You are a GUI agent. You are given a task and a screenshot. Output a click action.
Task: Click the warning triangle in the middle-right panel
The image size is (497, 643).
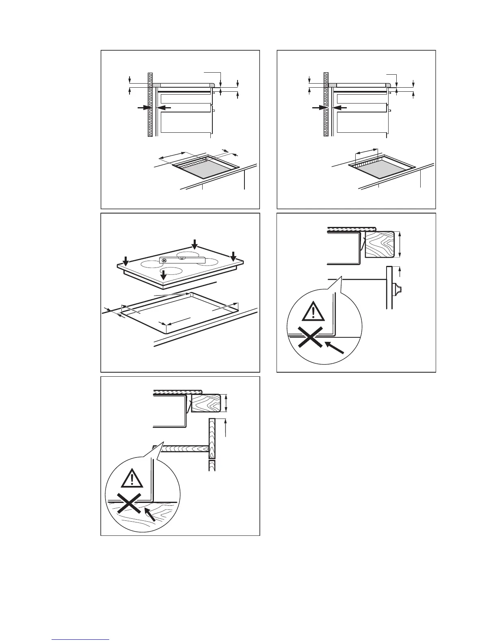click(x=313, y=312)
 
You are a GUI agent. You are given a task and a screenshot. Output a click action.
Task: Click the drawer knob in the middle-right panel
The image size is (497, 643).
click(x=397, y=289)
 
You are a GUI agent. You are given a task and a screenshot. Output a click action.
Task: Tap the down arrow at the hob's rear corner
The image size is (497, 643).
click(x=195, y=244)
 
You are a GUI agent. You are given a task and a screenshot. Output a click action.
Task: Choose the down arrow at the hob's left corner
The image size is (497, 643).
click(x=125, y=260)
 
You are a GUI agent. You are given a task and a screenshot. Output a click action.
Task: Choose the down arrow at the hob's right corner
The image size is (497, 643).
click(x=233, y=256)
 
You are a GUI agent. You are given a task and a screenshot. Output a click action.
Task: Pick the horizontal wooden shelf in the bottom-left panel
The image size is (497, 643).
click(x=183, y=449)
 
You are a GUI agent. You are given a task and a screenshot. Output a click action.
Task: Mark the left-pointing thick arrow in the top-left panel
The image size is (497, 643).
click(x=163, y=108)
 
